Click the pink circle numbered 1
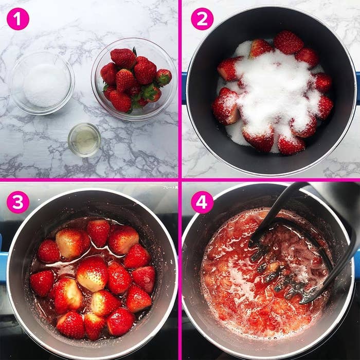[x=18, y=19]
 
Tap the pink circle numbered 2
[x=202, y=19]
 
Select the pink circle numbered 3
[x=18, y=202]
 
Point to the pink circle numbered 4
[x=202, y=202]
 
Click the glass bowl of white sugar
[x=43, y=83]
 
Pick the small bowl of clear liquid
[x=84, y=140]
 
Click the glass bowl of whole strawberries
[x=134, y=79]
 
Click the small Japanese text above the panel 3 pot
[x=170, y=187]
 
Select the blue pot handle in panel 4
[x=356, y=262]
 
